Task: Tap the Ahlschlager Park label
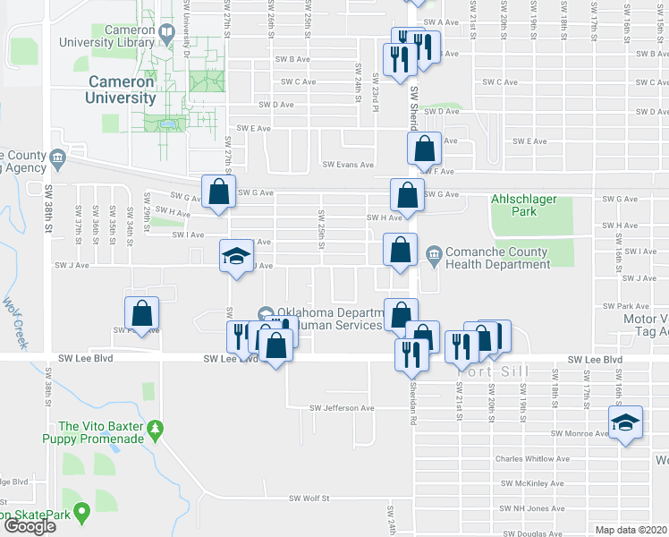[525, 205]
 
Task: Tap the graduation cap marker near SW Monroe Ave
[626, 422]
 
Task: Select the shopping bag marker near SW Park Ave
[141, 312]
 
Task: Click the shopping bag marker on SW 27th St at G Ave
[218, 191]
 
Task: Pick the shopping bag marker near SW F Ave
[426, 147]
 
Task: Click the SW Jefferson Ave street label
[342, 408]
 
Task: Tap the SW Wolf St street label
[309, 499]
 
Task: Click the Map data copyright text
[631, 530]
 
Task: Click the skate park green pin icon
[82, 514]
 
